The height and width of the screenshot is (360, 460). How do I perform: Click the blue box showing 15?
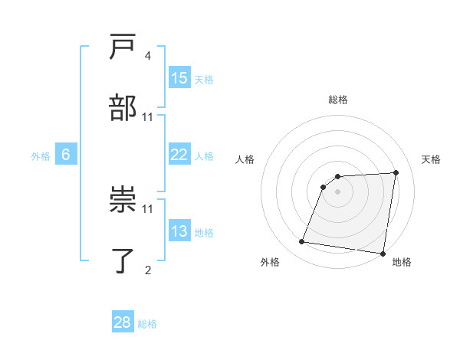tap(179, 78)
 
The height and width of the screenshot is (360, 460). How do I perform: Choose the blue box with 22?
tap(179, 155)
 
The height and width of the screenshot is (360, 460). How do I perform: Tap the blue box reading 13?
tap(179, 231)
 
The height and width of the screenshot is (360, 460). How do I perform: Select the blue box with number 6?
tap(66, 155)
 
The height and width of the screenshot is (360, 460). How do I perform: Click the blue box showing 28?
tap(123, 322)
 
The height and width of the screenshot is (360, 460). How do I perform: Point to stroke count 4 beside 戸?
tap(147, 56)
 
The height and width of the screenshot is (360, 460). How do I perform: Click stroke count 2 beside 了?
tap(147, 269)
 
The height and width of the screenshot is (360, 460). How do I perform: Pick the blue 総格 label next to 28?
tap(147, 324)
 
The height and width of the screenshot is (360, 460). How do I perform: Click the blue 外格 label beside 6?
tap(41, 156)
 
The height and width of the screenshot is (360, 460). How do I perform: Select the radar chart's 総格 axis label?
tap(338, 100)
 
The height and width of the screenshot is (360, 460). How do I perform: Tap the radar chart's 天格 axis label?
tap(432, 159)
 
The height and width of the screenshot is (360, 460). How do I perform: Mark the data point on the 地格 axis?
tap(382, 254)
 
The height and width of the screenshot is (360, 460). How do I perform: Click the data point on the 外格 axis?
tap(302, 242)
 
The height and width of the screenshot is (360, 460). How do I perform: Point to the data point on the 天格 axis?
tap(396, 172)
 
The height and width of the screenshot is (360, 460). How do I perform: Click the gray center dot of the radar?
tap(338, 191)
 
